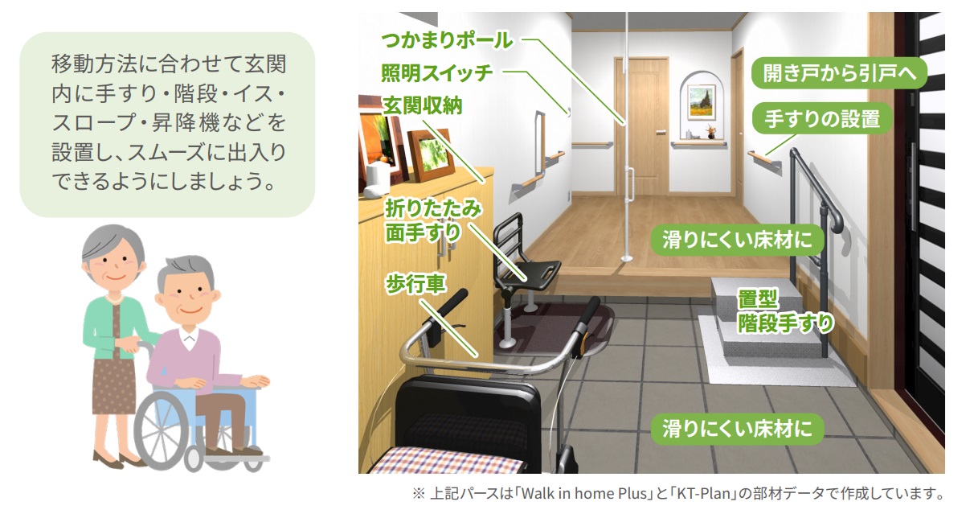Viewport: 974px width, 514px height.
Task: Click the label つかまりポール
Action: [447, 41]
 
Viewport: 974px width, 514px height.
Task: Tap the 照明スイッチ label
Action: [436, 72]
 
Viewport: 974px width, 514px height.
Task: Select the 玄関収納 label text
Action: [422, 105]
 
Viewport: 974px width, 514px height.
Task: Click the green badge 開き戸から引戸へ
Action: [839, 73]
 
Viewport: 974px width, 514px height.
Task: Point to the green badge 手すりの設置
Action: [822, 119]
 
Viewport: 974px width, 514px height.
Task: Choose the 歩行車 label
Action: [415, 284]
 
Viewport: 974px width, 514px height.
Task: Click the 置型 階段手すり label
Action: [785, 311]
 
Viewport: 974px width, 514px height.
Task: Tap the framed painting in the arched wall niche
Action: [701, 102]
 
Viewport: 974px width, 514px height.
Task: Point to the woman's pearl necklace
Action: [114, 299]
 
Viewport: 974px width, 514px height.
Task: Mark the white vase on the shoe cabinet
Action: [377, 181]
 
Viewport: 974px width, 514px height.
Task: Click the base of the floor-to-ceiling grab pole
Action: [626, 259]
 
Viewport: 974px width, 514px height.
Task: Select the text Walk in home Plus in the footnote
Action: [584, 494]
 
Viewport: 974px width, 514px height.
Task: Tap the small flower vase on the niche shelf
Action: [710, 131]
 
